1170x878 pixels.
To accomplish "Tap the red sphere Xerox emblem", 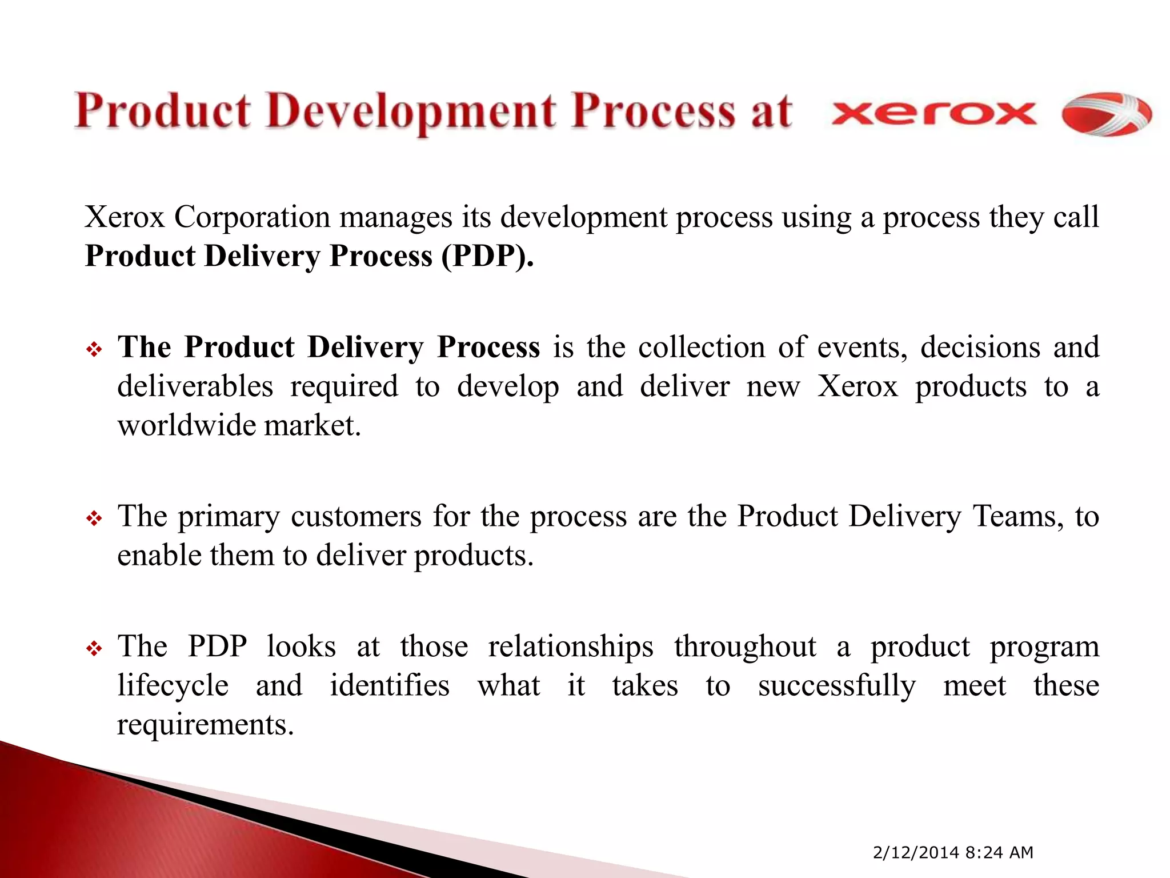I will tap(1106, 114).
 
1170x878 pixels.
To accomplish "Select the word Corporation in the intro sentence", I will tap(252, 217).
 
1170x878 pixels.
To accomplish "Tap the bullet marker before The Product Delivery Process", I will tap(94, 349).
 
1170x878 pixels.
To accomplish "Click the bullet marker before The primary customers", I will tap(94, 518).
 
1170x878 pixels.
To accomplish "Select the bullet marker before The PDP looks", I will tap(94, 649).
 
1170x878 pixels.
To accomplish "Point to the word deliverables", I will tap(195, 386).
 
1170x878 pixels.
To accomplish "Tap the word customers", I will tap(356, 516).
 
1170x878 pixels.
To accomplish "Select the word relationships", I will tap(570, 646).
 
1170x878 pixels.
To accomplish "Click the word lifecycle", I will tap(173, 685).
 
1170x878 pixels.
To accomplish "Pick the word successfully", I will tap(836, 685).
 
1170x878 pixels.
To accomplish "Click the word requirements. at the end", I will tap(205, 724).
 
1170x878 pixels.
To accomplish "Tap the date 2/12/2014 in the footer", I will tap(915, 852).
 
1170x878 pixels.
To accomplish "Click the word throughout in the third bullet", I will tap(745, 646).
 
